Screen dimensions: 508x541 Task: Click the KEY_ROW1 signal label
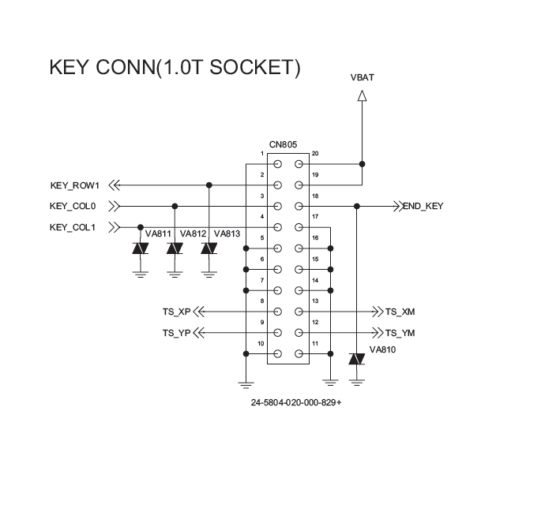(x=74, y=186)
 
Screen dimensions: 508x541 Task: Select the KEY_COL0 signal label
(x=73, y=207)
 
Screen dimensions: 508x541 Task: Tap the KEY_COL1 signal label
(x=73, y=228)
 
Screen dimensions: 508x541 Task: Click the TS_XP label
(x=177, y=312)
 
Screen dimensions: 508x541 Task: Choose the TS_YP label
(x=177, y=333)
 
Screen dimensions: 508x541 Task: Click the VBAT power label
(x=362, y=77)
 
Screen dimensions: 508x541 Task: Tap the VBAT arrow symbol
(x=362, y=96)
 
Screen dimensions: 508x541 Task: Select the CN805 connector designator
(x=283, y=144)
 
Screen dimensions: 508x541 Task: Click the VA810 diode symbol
(x=357, y=360)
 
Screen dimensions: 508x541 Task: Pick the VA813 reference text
(x=227, y=233)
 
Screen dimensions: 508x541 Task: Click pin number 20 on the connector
(x=315, y=153)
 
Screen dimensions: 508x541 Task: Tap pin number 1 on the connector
(x=261, y=153)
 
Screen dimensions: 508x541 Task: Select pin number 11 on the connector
(x=315, y=343)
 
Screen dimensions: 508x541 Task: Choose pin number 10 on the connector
(x=261, y=343)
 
